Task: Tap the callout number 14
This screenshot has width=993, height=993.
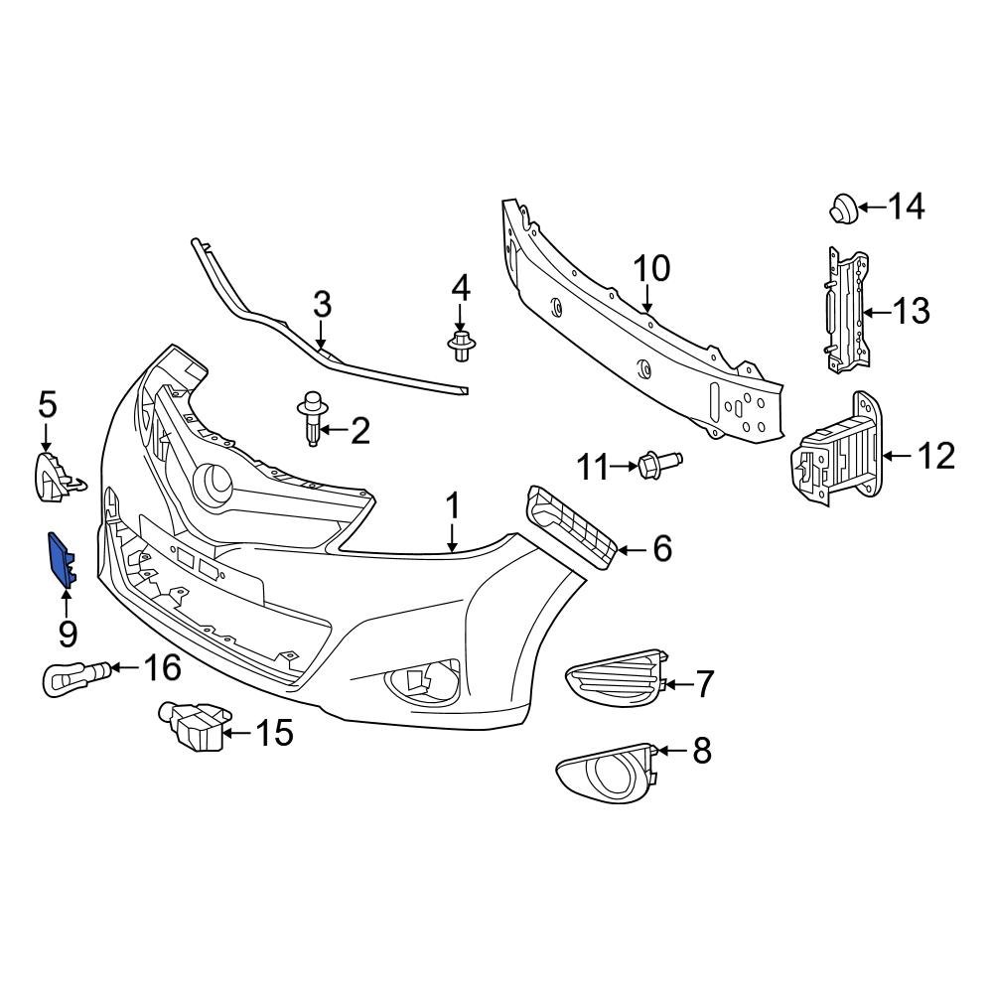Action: pyautogui.click(x=905, y=208)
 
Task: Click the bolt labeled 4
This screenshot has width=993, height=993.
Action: pyautogui.click(x=460, y=347)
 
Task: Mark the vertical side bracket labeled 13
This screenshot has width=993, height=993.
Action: pyautogui.click(x=844, y=312)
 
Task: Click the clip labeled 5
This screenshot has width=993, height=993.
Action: pyautogui.click(x=54, y=474)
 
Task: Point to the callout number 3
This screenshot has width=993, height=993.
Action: pyautogui.click(x=322, y=305)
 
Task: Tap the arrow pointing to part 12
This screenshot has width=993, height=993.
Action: pyautogui.click(x=893, y=457)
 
